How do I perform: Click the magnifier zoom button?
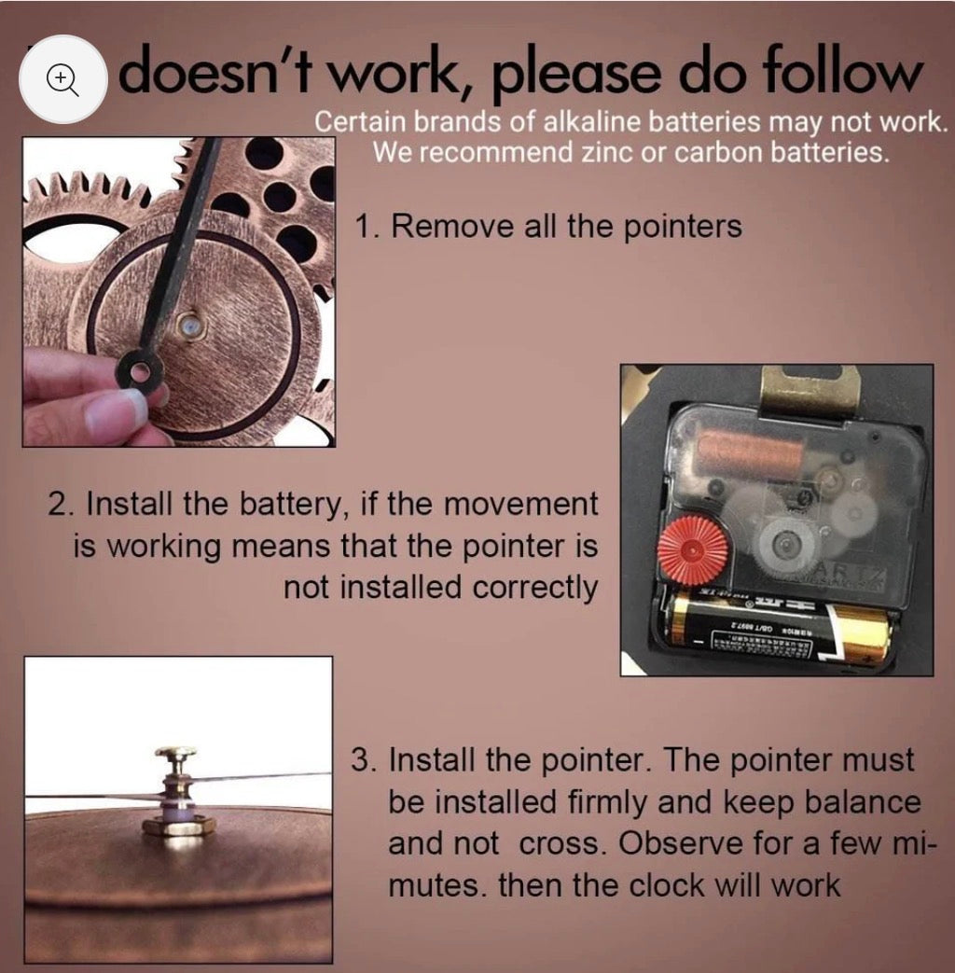click(x=62, y=79)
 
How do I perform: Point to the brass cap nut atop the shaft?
click(x=174, y=753)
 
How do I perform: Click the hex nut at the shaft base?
click(x=178, y=826)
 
